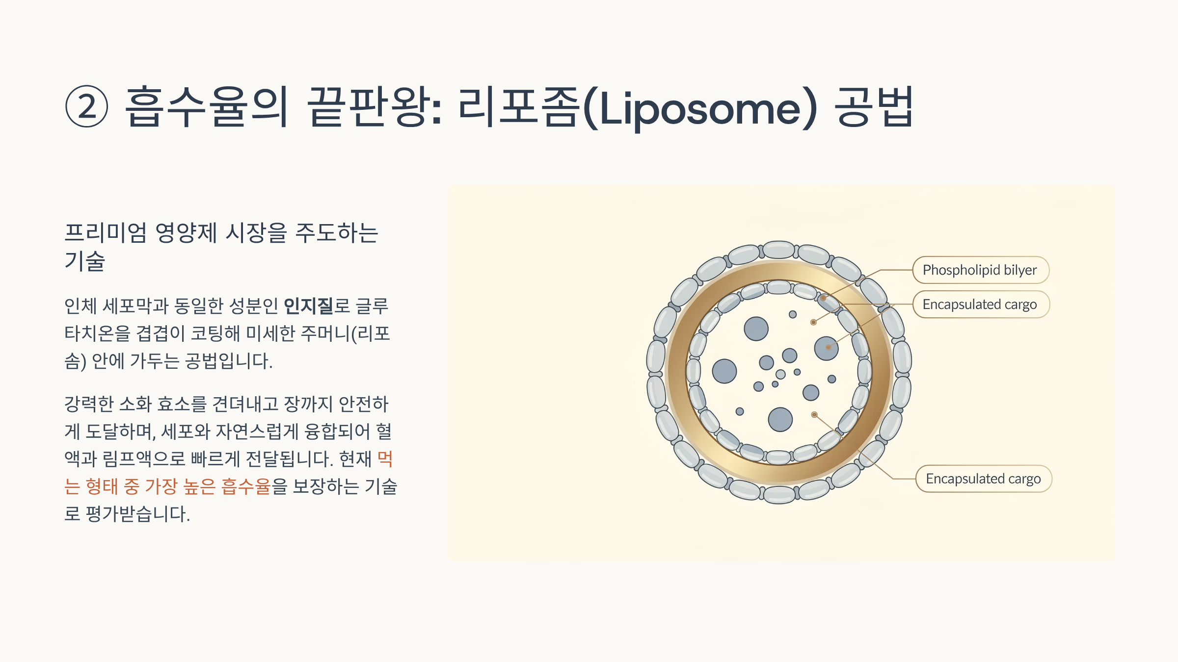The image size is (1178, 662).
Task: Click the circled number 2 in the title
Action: point(87,106)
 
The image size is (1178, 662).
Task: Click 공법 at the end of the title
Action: point(874,106)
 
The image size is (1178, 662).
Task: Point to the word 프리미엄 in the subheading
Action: point(106,232)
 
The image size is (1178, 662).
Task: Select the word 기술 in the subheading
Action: point(85,261)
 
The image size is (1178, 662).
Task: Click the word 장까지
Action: point(308,404)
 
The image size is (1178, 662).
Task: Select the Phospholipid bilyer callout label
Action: point(980,270)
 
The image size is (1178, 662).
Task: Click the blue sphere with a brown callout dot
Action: point(826,348)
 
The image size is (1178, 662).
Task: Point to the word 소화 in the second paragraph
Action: point(135,404)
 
